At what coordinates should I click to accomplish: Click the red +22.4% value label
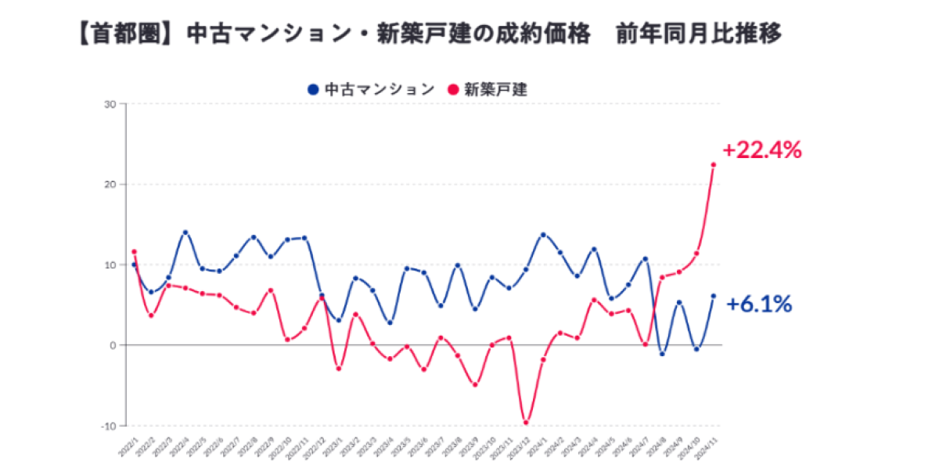761,150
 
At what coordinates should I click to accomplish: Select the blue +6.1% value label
758,304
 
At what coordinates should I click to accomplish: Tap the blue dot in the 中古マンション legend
313,89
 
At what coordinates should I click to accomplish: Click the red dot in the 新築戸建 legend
453,89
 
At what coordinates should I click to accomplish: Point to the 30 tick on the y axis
110,104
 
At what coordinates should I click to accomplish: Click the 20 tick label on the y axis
110,185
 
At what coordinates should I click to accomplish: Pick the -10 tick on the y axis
108,426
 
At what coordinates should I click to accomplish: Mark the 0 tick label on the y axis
112,345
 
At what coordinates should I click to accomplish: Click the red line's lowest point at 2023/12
526,423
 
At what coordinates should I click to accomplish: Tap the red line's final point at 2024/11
713,164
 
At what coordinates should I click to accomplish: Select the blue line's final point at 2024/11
713,296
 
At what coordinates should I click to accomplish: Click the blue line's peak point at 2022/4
185,232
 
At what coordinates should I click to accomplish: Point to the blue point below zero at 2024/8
662,354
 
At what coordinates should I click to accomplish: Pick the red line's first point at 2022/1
134,252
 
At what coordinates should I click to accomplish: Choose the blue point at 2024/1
543,235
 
